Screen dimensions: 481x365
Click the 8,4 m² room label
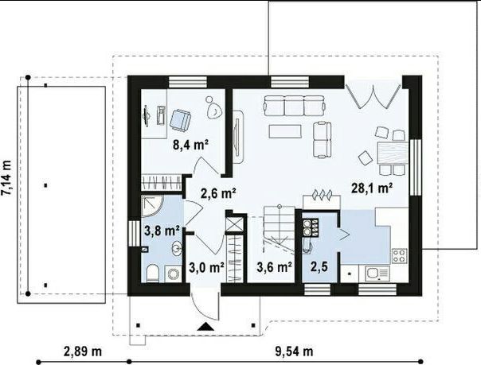tap(191, 144)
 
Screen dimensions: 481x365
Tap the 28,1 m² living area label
tap(372, 188)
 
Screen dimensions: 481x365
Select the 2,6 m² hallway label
tap(218, 193)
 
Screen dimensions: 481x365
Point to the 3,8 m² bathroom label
tap(162, 231)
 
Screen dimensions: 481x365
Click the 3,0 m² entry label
tap(206, 268)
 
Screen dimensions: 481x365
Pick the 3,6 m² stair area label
tap(274, 267)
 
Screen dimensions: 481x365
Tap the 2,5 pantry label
tap(319, 267)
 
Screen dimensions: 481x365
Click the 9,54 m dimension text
tap(294, 351)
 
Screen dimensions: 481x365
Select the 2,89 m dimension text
tap(83, 351)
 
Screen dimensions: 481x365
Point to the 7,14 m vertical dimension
tap(6, 177)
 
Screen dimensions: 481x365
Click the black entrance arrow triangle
tap(205, 326)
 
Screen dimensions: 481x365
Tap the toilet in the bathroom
tap(152, 274)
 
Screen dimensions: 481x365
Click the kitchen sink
tap(377, 274)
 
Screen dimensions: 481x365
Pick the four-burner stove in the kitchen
tap(399, 256)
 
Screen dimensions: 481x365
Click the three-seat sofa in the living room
tap(294, 106)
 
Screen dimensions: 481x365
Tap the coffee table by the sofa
tap(286, 131)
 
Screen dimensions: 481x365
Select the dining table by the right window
tap(393, 153)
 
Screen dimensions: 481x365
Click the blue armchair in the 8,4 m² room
tap(180, 120)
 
